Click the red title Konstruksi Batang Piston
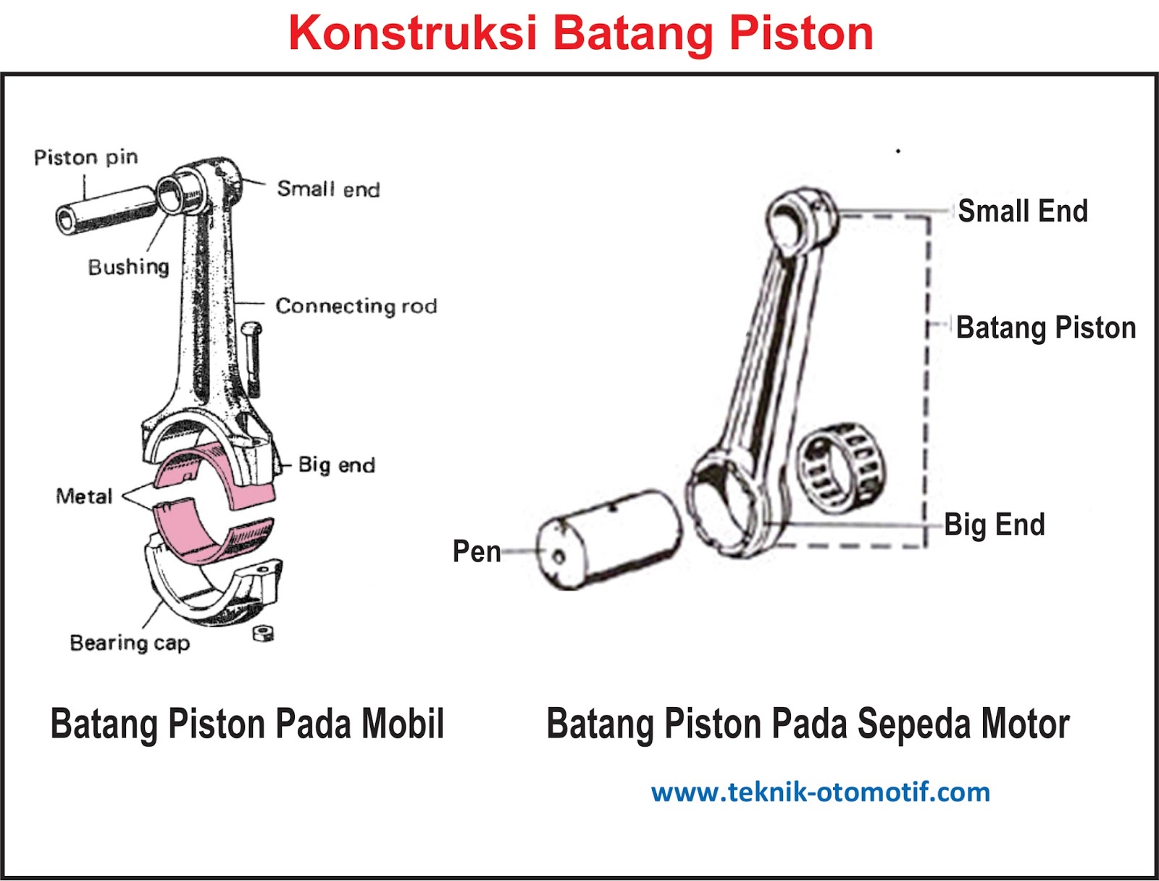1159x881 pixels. point(580,33)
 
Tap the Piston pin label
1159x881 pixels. point(85,157)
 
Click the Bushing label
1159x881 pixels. point(128,267)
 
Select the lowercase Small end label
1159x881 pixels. point(328,189)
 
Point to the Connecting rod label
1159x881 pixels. point(356,306)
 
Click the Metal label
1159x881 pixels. point(84,496)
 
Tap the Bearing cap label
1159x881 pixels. point(130,643)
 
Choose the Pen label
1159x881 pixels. point(477,551)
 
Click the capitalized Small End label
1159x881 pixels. point(1022,211)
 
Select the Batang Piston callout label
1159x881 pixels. point(1045,327)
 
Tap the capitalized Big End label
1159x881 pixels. point(994,525)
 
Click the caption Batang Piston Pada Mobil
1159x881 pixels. point(247,724)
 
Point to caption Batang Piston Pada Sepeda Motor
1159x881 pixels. point(808,724)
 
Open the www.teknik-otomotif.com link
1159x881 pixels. point(820,792)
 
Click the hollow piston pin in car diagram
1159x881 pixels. point(105,209)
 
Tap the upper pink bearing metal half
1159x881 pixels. point(217,475)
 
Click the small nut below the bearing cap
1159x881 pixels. point(263,633)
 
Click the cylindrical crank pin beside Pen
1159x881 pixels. point(608,540)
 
